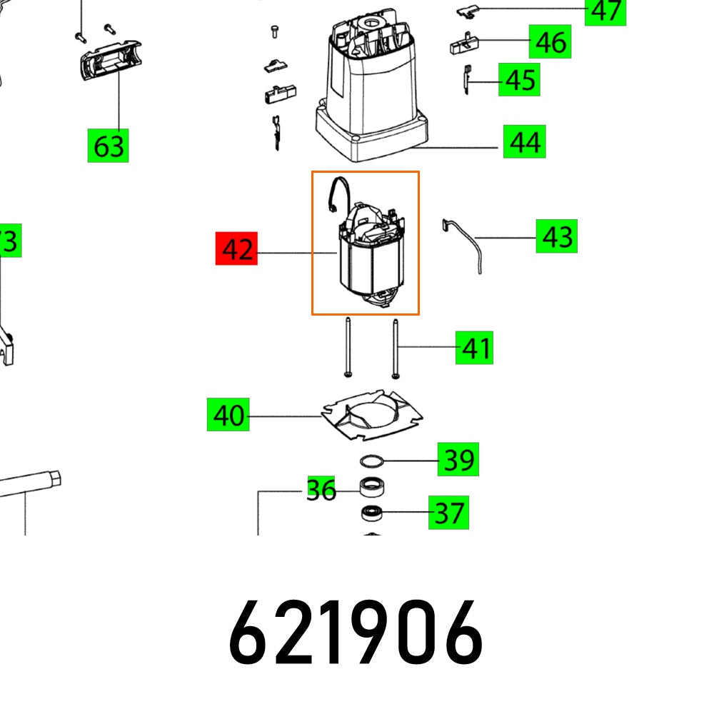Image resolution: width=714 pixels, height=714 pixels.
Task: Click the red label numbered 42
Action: tap(236, 251)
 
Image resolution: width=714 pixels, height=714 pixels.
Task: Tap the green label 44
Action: tap(523, 144)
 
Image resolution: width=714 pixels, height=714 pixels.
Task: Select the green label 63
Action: tap(108, 146)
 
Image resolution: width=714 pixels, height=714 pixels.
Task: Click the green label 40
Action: tap(228, 415)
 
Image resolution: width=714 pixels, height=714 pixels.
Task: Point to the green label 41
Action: tap(475, 348)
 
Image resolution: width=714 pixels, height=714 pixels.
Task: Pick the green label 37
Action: tap(448, 513)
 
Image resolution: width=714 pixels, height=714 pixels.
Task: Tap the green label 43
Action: tap(557, 236)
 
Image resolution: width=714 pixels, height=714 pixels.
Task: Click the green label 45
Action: tap(519, 80)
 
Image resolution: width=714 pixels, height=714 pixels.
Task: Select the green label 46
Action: tap(550, 43)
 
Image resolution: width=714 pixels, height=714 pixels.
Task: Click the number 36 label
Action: tap(321, 490)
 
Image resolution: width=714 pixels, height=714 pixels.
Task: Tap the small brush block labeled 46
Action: tap(466, 46)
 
